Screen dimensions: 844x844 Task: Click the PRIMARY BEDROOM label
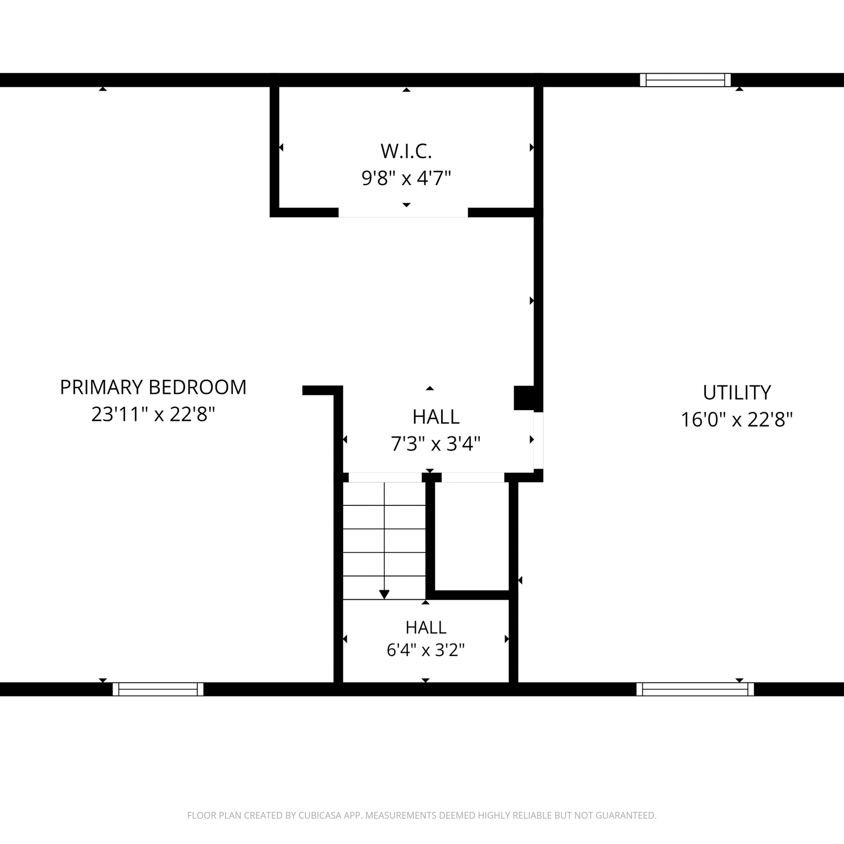pos(153,387)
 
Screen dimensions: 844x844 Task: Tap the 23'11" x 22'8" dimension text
pos(153,415)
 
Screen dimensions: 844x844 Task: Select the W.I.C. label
pos(406,151)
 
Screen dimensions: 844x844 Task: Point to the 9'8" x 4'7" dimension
pos(406,178)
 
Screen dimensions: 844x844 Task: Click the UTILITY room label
pos(737,392)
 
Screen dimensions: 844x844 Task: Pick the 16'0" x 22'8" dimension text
pos(737,420)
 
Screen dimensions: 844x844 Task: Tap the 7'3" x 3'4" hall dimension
pos(436,444)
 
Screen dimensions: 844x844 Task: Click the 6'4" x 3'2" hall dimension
pos(425,650)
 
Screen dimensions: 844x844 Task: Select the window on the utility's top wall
pos(685,80)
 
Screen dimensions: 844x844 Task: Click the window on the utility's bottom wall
pos(695,689)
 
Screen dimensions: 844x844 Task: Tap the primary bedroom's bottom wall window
pos(158,689)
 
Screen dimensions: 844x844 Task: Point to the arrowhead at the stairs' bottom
pos(384,594)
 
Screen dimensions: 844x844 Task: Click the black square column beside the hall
pos(524,398)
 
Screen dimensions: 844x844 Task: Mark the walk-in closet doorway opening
pos(403,212)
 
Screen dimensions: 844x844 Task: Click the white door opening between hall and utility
pos(538,441)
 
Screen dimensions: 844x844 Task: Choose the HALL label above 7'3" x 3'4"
pos(436,417)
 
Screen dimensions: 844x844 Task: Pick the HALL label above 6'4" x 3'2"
pos(426,627)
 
